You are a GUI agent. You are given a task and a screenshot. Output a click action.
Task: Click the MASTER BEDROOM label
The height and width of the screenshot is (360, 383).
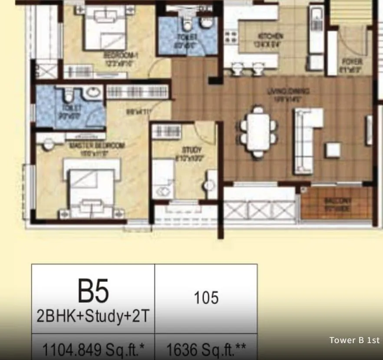tap(78, 145)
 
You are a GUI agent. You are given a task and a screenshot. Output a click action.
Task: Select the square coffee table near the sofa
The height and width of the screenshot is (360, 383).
tap(333, 150)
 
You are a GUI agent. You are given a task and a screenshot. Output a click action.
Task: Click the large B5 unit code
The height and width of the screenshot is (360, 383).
tap(93, 292)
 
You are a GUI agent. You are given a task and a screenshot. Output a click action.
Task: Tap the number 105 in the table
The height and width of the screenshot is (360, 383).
tap(206, 298)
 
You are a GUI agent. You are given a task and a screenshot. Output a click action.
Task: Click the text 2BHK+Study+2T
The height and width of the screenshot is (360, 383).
tap(93, 316)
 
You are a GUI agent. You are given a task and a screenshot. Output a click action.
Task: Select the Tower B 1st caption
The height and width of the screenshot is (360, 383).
tap(355, 340)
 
